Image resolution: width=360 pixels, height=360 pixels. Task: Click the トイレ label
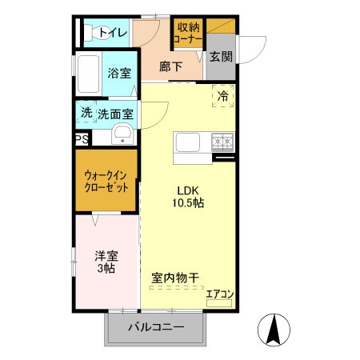[x=113, y=33]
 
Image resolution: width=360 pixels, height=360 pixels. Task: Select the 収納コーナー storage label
[x=189, y=32]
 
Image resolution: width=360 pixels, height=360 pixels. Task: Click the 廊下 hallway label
[x=170, y=67]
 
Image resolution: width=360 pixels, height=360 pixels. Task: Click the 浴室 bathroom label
[x=119, y=73]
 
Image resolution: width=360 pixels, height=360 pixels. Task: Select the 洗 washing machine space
[x=86, y=113]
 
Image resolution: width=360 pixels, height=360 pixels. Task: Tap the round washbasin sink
[x=122, y=133]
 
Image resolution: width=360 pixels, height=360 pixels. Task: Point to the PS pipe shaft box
[x=82, y=139]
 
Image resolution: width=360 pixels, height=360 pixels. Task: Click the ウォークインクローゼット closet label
[x=107, y=182]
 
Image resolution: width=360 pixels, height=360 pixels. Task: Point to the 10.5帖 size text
[x=190, y=203]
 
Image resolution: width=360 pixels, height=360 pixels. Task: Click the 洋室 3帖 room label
[x=106, y=262]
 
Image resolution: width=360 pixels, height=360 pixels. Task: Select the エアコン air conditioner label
[x=219, y=294]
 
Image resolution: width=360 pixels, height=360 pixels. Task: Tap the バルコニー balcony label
[x=156, y=327]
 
